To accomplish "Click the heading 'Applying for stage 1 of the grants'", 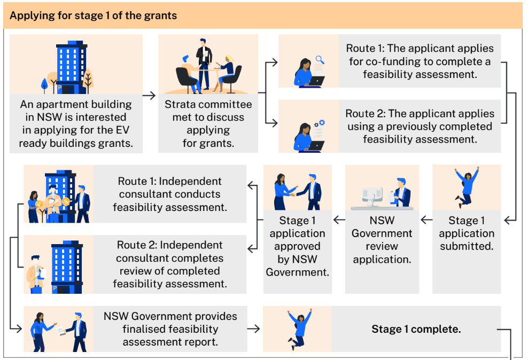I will [93, 15].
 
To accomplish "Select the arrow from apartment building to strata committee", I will [150, 96].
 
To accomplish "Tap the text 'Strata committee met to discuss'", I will [208, 111].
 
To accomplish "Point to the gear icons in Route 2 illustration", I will [320, 124].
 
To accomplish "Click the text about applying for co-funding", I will [420, 61].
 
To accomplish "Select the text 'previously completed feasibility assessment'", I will [420, 132].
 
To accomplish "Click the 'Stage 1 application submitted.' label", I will [467, 233].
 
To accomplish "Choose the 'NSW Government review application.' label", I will [382, 240].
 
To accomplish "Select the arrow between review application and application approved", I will [339, 219].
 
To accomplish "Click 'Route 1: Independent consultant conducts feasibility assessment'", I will [170, 194].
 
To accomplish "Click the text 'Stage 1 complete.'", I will [416, 329].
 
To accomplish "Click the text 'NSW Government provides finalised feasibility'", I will [170, 323].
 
